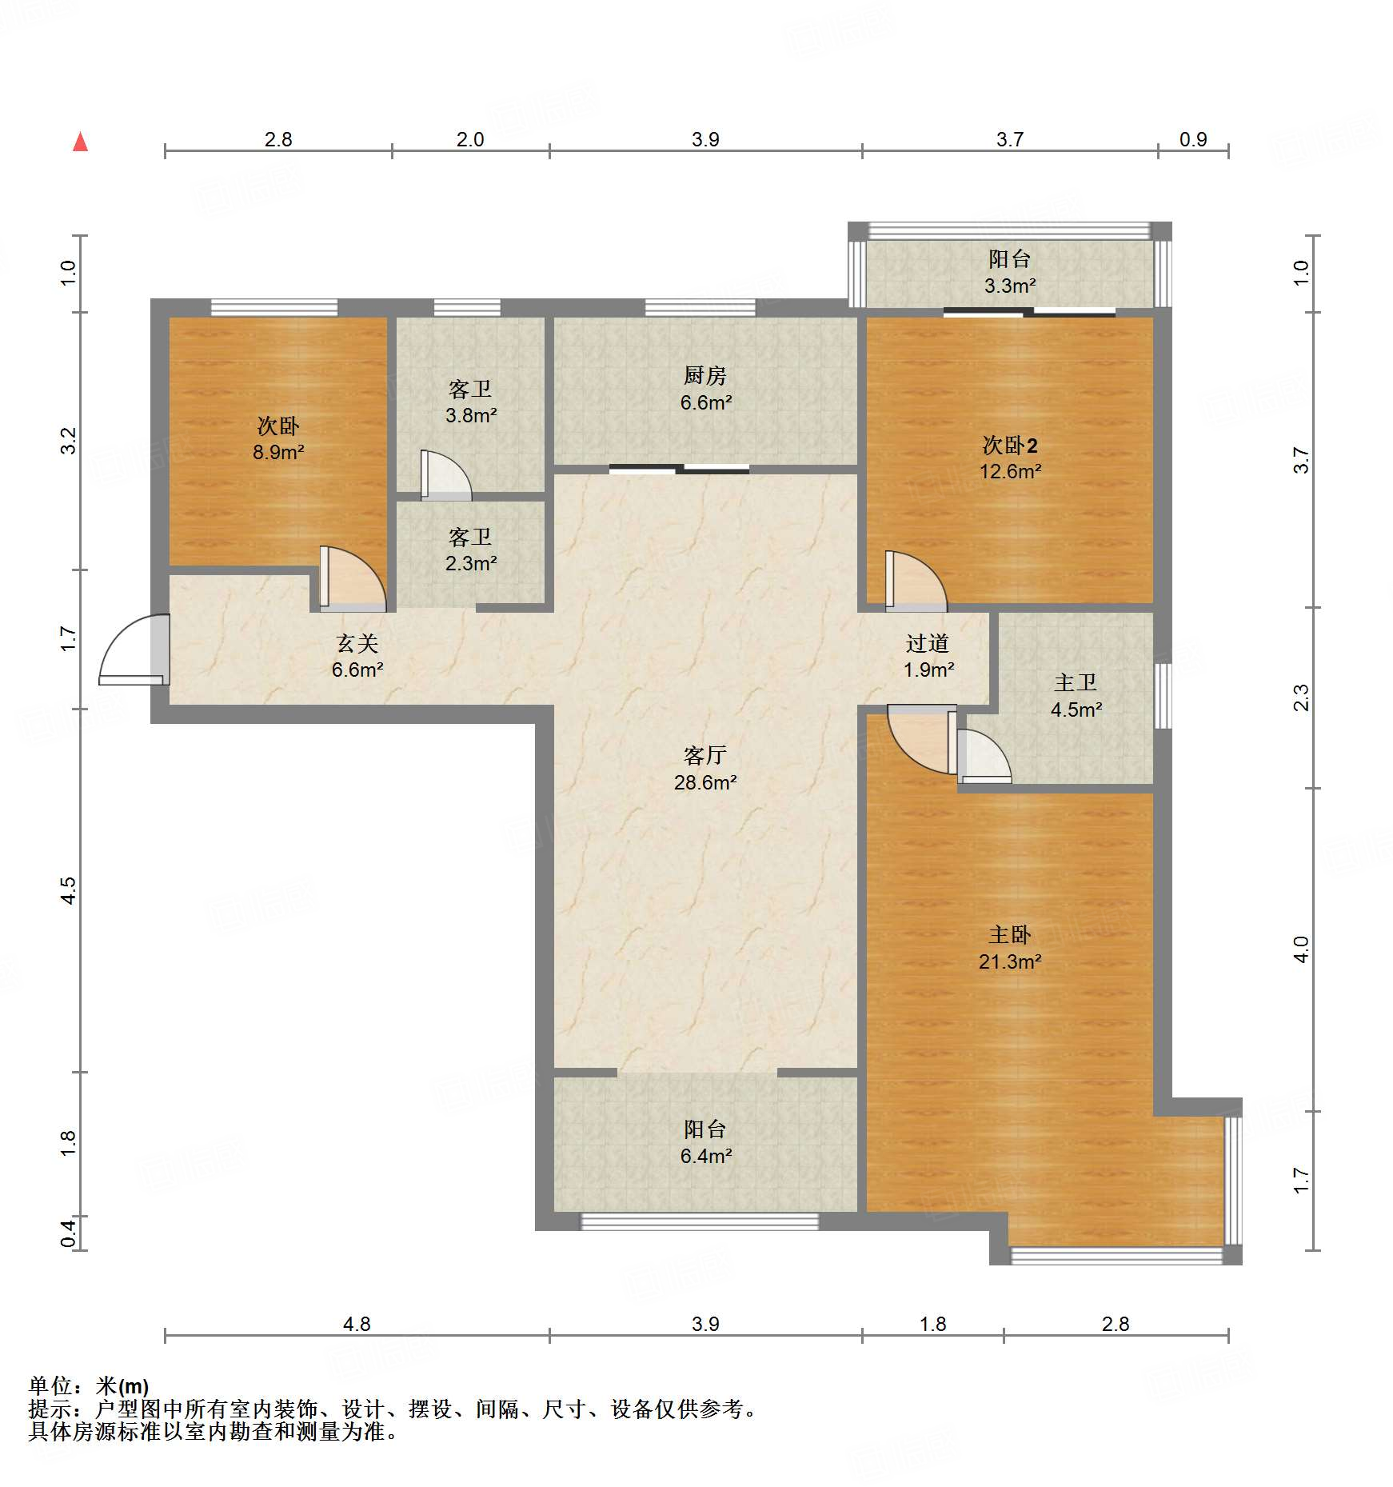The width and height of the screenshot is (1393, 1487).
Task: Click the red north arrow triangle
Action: pyautogui.click(x=80, y=142)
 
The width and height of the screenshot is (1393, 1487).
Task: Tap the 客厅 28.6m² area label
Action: pyautogui.click(x=705, y=769)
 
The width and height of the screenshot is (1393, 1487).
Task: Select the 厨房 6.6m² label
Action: pyautogui.click(x=705, y=389)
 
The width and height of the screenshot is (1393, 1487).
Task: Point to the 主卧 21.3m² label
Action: pyautogui.click(x=1010, y=948)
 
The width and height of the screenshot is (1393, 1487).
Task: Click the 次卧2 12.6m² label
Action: pyautogui.click(x=1010, y=458)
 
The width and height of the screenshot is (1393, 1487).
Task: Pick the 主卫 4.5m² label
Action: pyautogui.click(x=1076, y=695)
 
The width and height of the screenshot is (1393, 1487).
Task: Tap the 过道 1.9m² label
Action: pyautogui.click(x=928, y=656)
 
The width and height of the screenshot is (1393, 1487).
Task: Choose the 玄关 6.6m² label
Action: pyautogui.click(x=357, y=656)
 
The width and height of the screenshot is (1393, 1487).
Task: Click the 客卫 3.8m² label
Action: pyautogui.click(x=471, y=402)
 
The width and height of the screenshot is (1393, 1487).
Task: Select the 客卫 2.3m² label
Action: pyautogui.click(x=471, y=550)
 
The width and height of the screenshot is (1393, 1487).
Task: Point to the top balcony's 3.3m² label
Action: pyautogui.click(x=1010, y=271)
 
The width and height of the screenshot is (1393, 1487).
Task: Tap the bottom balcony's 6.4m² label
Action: pyautogui.click(x=706, y=1141)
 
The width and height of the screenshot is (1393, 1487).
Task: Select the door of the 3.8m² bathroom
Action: pyautogui.click(x=445, y=475)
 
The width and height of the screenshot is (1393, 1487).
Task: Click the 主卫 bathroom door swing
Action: pyautogui.click(x=984, y=755)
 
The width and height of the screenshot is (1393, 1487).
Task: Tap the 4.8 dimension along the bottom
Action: pyautogui.click(x=357, y=1324)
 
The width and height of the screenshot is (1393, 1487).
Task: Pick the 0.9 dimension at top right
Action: pyautogui.click(x=1193, y=139)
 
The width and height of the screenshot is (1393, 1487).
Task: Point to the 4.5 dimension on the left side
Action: pyautogui.click(x=69, y=890)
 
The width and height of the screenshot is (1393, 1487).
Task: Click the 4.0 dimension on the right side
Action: pyautogui.click(x=1301, y=949)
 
